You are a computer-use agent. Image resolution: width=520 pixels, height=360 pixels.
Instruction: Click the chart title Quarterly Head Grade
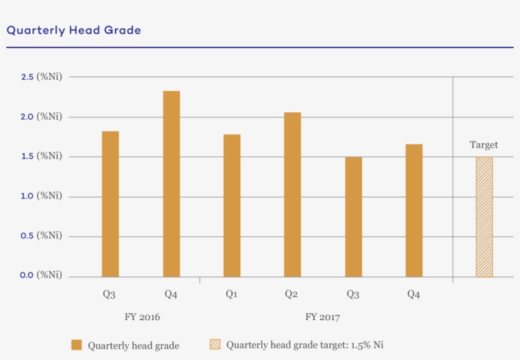(x=74, y=30)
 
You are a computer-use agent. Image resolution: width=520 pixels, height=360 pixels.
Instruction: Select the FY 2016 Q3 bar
(x=110, y=204)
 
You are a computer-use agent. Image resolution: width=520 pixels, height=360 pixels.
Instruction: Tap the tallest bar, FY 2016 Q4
(x=171, y=184)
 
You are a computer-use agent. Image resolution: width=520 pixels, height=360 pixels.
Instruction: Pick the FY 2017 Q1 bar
(x=232, y=205)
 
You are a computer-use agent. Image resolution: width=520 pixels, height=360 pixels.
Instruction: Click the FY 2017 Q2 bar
(x=292, y=195)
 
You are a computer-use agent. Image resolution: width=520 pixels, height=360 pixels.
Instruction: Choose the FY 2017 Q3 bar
(x=353, y=217)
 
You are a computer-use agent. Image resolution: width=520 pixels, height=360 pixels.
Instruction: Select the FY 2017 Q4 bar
(x=414, y=210)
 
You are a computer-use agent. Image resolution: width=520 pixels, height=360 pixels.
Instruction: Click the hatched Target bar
(x=484, y=217)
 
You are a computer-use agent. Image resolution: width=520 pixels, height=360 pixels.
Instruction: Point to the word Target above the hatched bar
(x=484, y=145)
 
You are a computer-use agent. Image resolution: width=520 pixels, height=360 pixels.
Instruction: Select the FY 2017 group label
(x=322, y=316)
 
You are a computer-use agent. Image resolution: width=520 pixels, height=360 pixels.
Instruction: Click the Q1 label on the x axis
(x=231, y=294)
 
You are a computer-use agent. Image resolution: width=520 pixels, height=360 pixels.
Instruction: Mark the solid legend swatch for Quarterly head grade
(x=77, y=345)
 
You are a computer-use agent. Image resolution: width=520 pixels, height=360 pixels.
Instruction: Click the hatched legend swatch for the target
(x=215, y=345)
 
